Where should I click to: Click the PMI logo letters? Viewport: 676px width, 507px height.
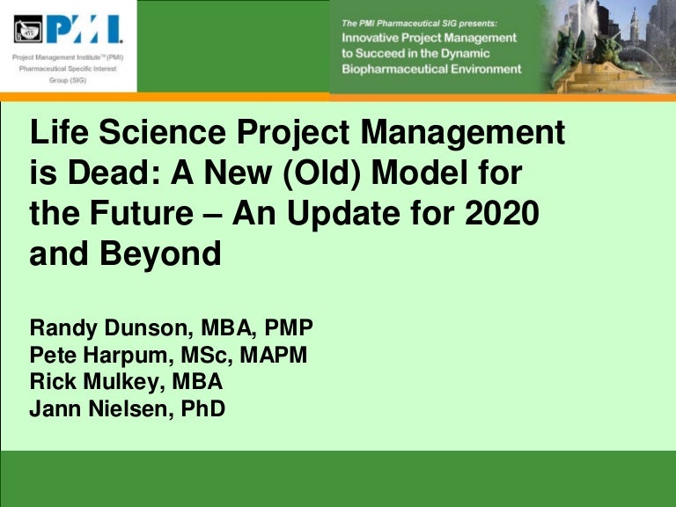84,31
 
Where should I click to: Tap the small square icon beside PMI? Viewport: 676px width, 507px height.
29,32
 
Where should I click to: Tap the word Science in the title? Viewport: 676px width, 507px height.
169,135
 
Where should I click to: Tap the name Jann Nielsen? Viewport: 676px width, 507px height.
97,408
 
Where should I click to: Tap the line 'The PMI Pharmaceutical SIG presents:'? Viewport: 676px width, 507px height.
420,21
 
